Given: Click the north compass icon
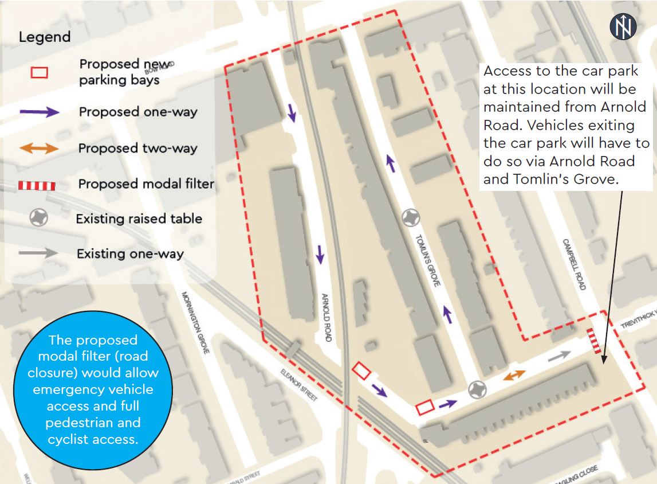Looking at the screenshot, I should (x=623, y=26).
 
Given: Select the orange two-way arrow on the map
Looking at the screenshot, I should (x=514, y=374).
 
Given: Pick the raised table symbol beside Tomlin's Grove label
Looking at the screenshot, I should (x=411, y=217).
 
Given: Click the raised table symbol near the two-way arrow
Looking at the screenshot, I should (x=477, y=390).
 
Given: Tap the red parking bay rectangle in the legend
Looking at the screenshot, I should (x=39, y=73).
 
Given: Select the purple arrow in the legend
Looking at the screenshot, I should (x=40, y=112).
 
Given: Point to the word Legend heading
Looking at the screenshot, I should (x=45, y=38).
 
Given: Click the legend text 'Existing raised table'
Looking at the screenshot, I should (x=139, y=218).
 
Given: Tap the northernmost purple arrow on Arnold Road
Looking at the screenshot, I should (x=292, y=112).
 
